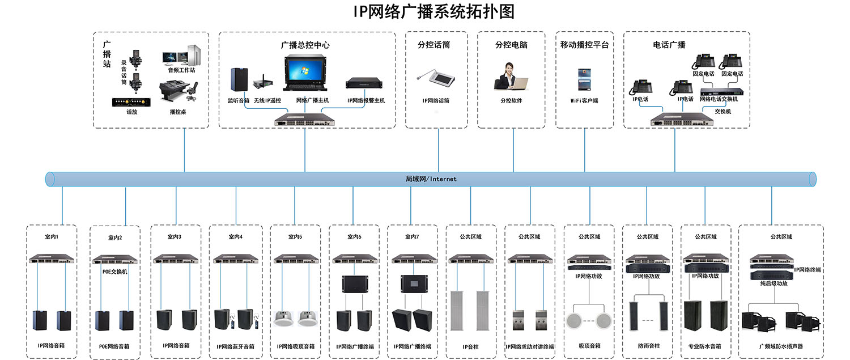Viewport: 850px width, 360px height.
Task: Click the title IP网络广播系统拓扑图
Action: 433,12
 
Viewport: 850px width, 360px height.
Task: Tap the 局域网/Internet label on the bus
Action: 431,179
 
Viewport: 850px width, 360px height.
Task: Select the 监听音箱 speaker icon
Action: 239,80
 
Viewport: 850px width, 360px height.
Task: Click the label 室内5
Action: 295,237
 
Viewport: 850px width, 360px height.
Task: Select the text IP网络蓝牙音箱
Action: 235,346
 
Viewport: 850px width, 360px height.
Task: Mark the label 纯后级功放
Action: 773,283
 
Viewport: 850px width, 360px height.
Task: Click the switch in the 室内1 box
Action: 52,259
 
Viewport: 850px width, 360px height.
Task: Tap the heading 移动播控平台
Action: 584,45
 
